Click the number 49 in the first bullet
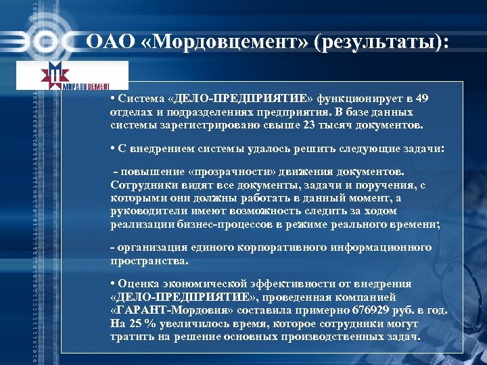tap(422, 99)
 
